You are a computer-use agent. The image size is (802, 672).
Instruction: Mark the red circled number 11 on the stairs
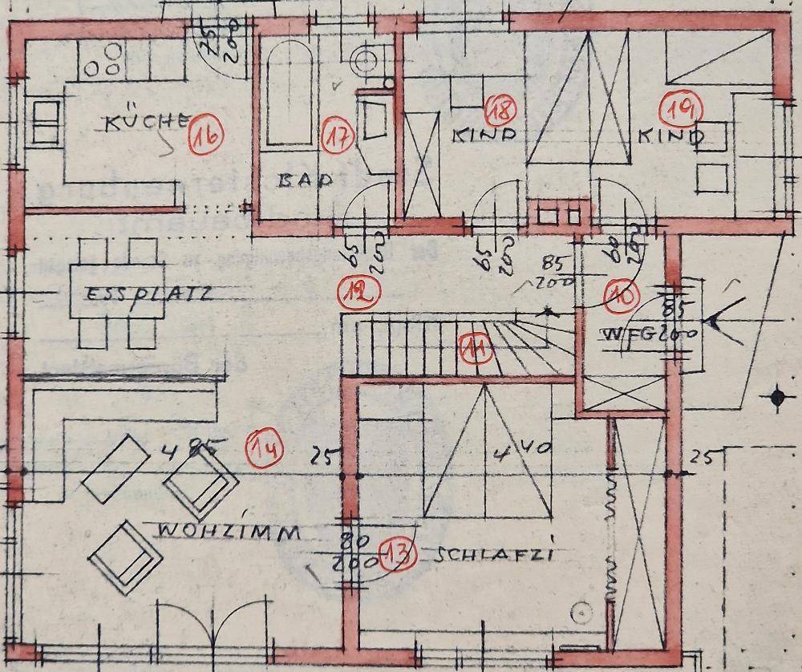475,350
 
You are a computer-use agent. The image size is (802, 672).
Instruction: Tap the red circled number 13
398,554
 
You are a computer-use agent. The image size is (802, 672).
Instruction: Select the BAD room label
305,180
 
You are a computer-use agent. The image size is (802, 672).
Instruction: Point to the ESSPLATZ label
151,294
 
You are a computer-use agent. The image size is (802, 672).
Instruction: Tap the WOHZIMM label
229,532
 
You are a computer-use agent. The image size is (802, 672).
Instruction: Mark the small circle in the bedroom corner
577,613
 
